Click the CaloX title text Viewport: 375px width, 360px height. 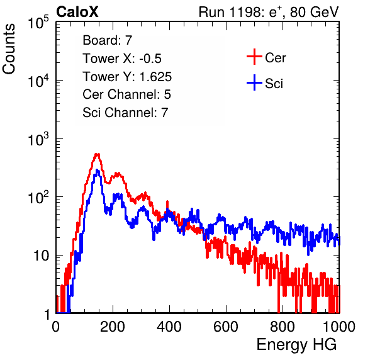point(77,12)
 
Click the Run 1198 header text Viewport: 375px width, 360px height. point(269,12)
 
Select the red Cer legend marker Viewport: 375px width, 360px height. point(254,57)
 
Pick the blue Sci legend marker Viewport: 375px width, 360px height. point(254,82)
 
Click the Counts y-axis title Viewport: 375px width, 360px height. point(9,49)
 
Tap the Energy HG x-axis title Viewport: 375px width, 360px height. point(296,345)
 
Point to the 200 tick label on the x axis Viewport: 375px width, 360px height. point(113,327)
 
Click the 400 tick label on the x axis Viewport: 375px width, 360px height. point(169,327)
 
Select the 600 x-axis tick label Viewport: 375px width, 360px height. point(226,327)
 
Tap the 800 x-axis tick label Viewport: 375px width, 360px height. point(283,327)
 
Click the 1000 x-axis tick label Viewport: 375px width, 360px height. point(339,327)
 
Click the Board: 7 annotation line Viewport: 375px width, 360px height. point(108,40)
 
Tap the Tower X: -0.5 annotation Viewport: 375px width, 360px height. point(122,59)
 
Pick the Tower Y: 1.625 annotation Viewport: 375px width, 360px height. point(127,77)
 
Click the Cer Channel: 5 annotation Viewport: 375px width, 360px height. point(126,94)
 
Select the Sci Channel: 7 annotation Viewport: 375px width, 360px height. point(125,113)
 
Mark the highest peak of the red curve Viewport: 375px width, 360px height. point(97,154)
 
